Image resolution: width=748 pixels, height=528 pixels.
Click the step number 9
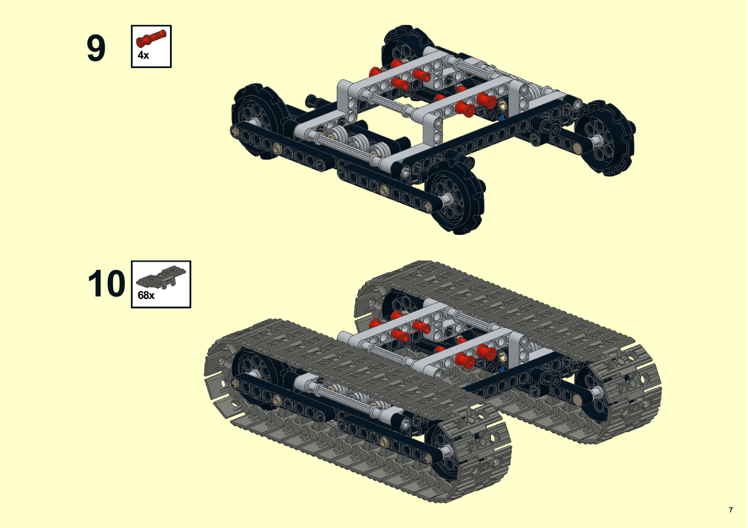click(96, 48)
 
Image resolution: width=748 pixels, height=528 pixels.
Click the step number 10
click(106, 284)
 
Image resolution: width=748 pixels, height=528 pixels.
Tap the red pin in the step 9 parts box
click(151, 38)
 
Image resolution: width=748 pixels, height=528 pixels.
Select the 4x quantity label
click(143, 55)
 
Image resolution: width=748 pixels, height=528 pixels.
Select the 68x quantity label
click(146, 295)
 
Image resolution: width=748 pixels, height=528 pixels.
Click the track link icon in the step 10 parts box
click(161, 276)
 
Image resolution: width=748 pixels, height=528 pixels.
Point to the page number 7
click(731, 510)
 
